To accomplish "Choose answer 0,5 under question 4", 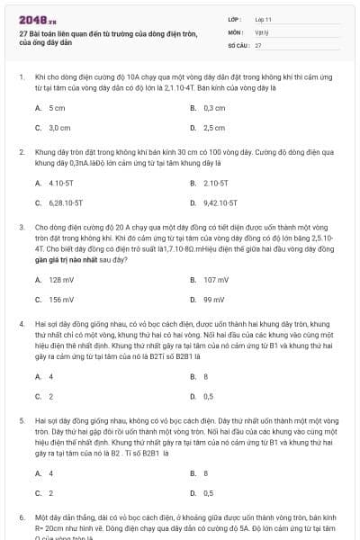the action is [209, 396].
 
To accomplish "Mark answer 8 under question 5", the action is [206, 472].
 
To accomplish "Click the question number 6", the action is [21, 517].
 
